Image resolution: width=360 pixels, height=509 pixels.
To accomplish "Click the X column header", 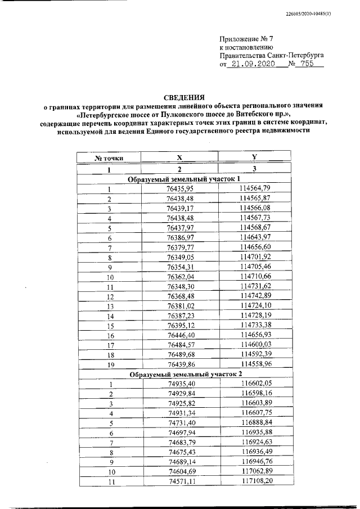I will pos(179,159).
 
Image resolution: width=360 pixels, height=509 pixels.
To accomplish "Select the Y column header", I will pos(254,158).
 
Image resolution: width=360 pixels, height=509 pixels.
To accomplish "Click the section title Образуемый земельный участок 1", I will pos(180,179).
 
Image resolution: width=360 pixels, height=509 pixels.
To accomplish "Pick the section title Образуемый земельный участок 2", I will pos(180,374).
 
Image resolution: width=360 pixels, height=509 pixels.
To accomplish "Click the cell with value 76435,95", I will pos(180,189).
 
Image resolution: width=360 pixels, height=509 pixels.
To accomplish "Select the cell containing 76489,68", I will pos(180,354).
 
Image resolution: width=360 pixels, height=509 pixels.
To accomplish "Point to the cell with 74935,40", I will pos(180,384).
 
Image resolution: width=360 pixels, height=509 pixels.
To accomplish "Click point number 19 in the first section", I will pos(110,364).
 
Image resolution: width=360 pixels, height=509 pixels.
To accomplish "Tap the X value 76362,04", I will pos(180,277).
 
